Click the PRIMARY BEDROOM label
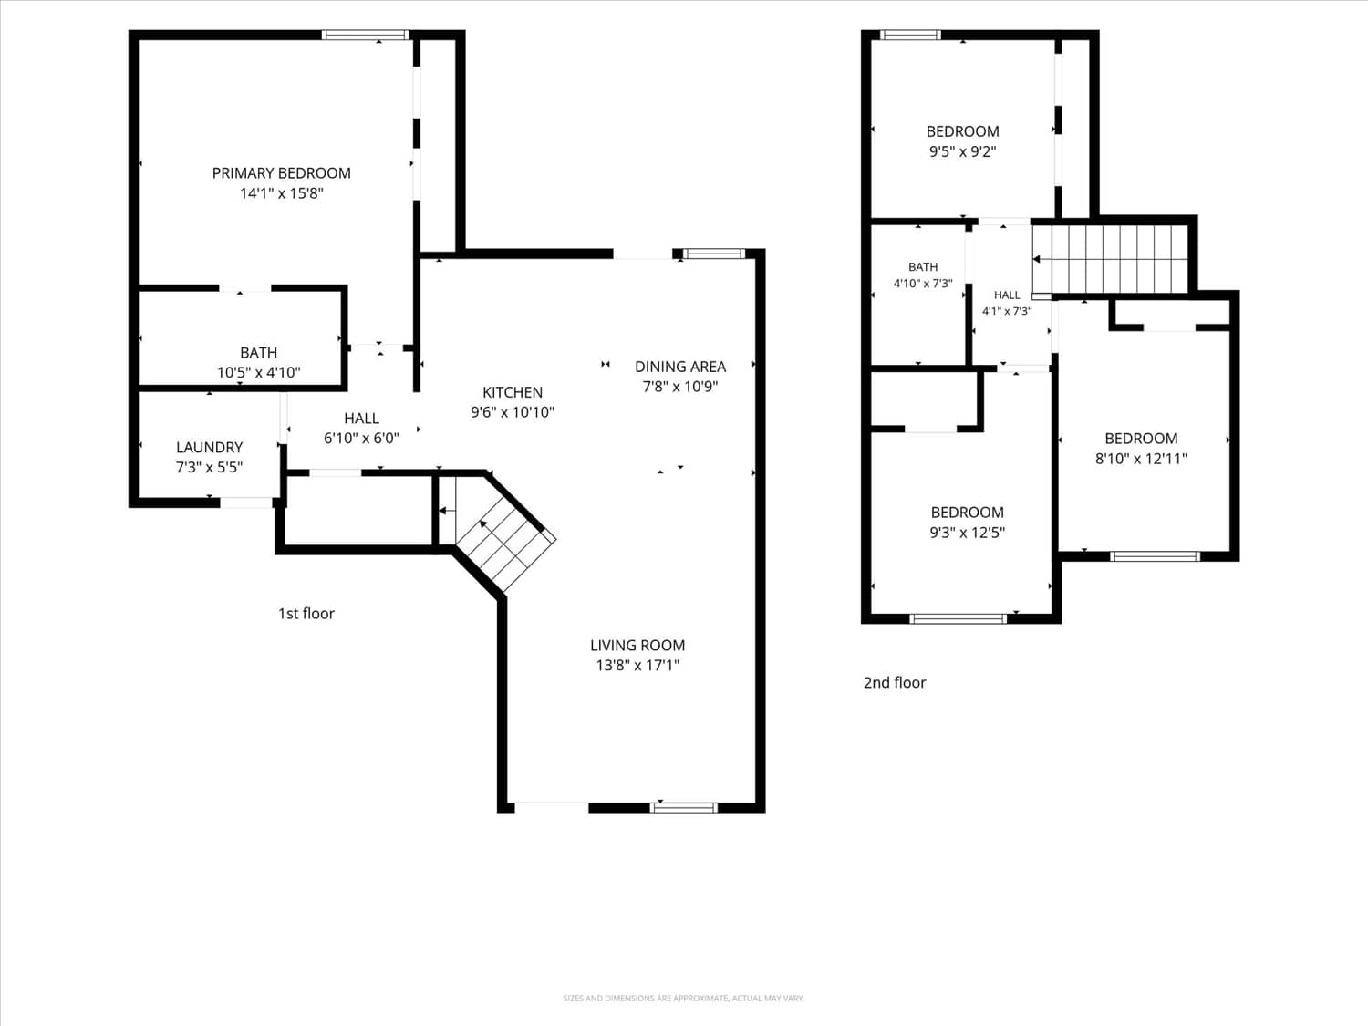pyautogui.click(x=281, y=173)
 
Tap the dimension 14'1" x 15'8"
pyautogui.click(x=282, y=193)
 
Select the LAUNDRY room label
pyautogui.click(x=210, y=447)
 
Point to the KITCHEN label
pyautogui.click(x=513, y=392)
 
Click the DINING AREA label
pyautogui.click(x=680, y=367)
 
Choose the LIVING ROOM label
pyautogui.click(x=637, y=646)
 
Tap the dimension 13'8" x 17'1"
pyautogui.click(x=637, y=666)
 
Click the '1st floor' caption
pyautogui.click(x=306, y=614)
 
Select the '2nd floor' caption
pyautogui.click(x=895, y=683)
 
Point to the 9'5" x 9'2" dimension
pyautogui.click(x=963, y=151)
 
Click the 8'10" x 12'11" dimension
pyautogui.click(x=1141, y=459)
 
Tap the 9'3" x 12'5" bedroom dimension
pyautogui.click(x=968, y=533)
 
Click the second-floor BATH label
pyautogui.click(x=923, y=267)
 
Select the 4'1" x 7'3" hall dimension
pyautogui.click(x=1007, y=311)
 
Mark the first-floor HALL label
pyautogui.click(x=361, y=419)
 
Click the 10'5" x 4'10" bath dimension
pyautogui.click(x=259, y=372)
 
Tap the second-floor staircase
pyautogui.click(x=1110, y=259)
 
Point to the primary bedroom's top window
pyautogui.click(x=365, y=35)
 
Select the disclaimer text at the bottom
pyautogui.click(x=684, y=999)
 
